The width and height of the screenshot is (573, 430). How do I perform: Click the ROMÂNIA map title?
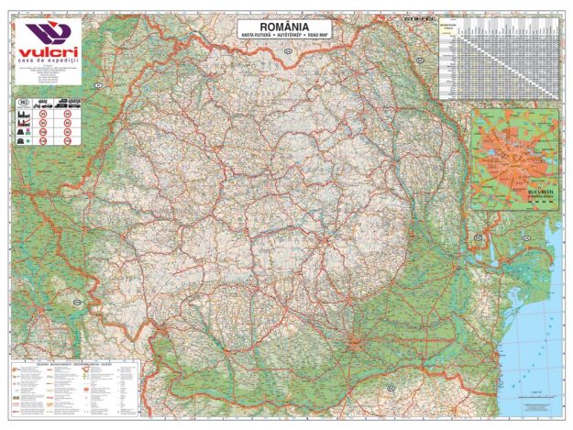pos(282,28)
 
